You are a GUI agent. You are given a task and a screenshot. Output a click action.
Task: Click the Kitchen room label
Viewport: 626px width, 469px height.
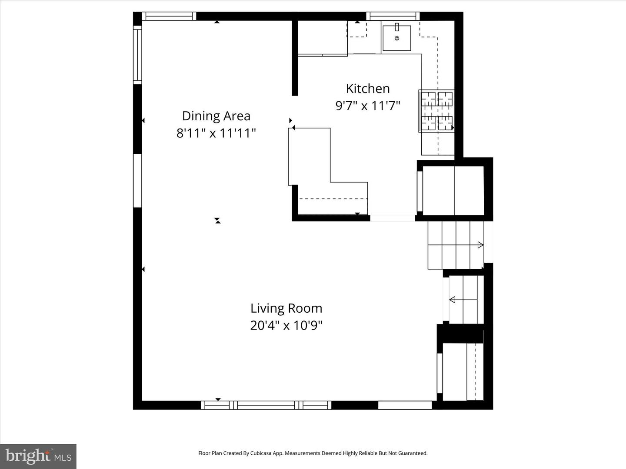pos(368,89)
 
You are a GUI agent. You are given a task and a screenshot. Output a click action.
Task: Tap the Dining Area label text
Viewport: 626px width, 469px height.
pos(216,116)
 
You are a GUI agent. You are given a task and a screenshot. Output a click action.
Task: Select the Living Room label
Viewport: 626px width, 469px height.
pos(286,308)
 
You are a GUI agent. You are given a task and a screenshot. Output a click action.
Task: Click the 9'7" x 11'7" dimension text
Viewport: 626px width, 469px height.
pos(368,106)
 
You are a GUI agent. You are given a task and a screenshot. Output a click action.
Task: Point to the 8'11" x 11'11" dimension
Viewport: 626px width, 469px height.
pos(216,133)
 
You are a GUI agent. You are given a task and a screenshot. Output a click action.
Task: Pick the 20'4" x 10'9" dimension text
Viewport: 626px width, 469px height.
pos(286,325)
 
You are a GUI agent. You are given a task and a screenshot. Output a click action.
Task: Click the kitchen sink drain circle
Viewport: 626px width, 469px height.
pos(397,38)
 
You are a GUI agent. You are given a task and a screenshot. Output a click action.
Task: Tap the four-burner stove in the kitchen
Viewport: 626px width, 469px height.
pos(436,111)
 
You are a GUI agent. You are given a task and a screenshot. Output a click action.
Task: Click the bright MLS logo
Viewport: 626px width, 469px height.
pos(38,456)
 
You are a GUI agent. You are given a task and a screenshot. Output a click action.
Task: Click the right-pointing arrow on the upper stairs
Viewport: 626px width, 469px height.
pos(480,245)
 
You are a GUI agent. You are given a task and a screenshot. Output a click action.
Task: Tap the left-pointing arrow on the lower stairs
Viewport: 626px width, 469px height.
pos(453,300)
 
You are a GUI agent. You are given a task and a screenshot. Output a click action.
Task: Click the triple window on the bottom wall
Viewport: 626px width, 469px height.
pos(266,405)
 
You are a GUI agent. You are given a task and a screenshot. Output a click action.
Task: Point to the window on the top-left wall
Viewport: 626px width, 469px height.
pos(169,16)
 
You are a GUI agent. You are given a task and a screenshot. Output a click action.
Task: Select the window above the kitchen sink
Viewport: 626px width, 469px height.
pos(393,16)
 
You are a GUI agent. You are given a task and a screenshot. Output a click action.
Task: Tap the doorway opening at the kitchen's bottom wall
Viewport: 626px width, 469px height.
pos(392,218)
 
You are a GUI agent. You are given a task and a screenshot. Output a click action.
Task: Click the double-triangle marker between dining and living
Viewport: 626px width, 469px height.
pos(218,221)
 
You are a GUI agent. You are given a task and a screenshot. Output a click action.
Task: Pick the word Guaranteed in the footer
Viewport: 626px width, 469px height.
pos(413,453)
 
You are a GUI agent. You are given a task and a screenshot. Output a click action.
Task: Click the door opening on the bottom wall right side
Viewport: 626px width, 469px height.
pos(405,405)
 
